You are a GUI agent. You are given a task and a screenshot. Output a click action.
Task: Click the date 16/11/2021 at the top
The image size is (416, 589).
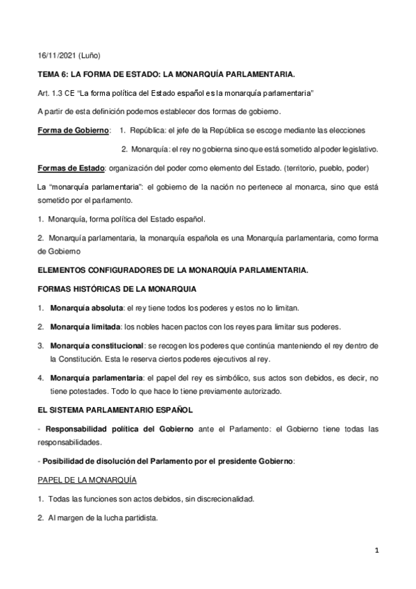point(55,55)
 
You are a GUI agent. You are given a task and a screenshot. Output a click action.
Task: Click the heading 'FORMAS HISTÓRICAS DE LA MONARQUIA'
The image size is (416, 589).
point(117,288)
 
